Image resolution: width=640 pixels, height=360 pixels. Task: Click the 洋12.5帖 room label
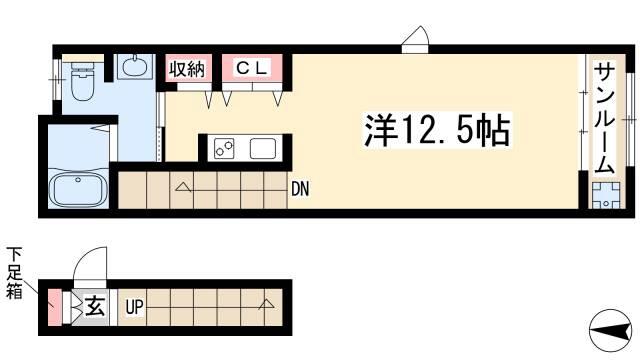click(x=437, y=130)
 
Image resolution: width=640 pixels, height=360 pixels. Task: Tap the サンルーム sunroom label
click(x=604, y=118)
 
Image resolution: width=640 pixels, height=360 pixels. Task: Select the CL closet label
click(x=252, y=67)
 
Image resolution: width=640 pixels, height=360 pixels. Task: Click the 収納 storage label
click(x=187, y=69)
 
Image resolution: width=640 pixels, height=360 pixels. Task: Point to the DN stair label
click(x=300, y=189)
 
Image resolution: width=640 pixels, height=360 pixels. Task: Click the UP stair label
click(x=134, y=307)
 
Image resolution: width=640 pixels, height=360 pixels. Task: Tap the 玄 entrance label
click(x=95, y=307)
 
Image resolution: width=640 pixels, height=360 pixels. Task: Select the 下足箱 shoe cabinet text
click(x=14, y=273)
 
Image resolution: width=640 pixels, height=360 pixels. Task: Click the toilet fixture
click(x=83, y=80)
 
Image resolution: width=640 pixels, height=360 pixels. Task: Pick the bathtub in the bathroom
click(x=78, y=191)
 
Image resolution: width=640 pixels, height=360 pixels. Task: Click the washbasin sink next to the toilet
click(x=134, y=66)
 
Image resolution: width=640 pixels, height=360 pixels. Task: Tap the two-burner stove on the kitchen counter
click(x=224, y=149)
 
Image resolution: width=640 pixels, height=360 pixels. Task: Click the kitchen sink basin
click(x=263, y=149)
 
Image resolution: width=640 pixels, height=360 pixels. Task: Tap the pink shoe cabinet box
click(x=55, y=307)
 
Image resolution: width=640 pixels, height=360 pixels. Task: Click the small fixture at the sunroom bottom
click(x=606, y=196)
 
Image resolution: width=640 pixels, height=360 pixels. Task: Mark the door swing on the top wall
click(x=415, y=40)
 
